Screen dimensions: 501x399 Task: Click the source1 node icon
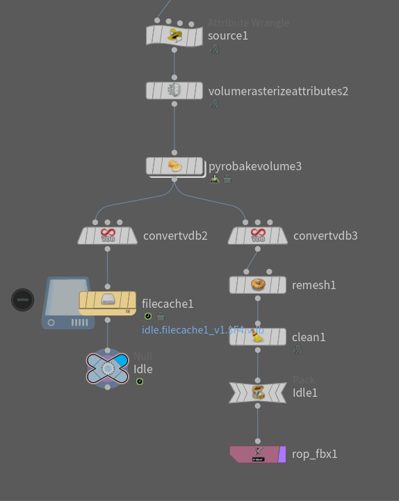pyautogui.click(x=174, y=35)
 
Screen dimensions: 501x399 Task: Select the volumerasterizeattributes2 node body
pyautogui.click(x=174, y=90)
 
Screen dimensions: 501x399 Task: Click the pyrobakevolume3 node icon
pyautogui.click(x=174, y=166)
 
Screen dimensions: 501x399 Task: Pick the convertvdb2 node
pyautogui.click(x=107, y=236)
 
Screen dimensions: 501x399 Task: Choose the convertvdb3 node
pyautogui.click(x=257, y=236)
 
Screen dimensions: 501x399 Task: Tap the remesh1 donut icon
pyautogui.click(x=258, y=285)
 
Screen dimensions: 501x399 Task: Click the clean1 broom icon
pyautogui.click(x=258, y=337)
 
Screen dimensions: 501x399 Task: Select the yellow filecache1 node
pyautogui.click(x=107, y=301)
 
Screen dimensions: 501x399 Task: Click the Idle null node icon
pyautogui.click(x=107, y=368)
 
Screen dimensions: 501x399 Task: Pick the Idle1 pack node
pyautogui.click(x=258, y=393)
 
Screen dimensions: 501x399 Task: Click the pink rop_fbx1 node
pyautogui.click(x=256, y=454)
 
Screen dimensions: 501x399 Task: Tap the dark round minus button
pyautogui.click(x=23, y=299)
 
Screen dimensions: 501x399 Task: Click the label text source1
pyautogui.click(x=228, y=35)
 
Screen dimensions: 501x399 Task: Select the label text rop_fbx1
pyautogui.click(x=315, y=454)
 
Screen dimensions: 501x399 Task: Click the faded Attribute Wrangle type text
pyautogui.click(x=248, y=23)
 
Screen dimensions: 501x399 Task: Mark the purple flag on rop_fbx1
pyautogui.click(x=282, y=454)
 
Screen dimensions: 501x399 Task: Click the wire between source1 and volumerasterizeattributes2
pyautogui.click(x=174, y=63)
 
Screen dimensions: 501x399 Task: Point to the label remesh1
pyautogui.click(x=313, y=285)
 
